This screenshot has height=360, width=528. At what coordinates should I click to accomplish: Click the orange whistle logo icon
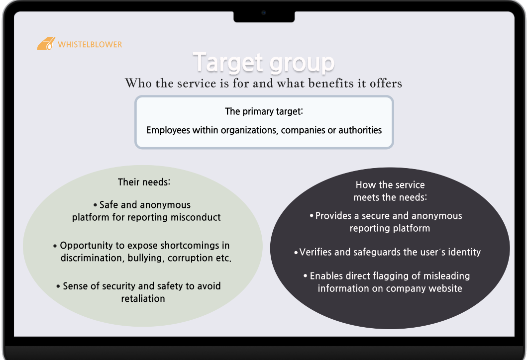(x=46, y=44)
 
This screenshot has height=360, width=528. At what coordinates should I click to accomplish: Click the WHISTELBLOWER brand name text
(x=90, y=44)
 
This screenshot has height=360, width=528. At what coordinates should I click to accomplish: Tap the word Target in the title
(x=228, y=62)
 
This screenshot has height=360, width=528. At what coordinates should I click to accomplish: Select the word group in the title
(x=302, y=63)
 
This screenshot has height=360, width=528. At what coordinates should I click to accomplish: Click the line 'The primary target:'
(x=264, y=111)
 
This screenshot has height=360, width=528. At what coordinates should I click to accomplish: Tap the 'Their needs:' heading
(x=144, y=182)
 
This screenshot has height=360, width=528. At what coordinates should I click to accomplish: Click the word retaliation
(x=143, y=298)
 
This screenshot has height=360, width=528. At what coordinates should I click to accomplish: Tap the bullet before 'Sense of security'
(x=58, y=286)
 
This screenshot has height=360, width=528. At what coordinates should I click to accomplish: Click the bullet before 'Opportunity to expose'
(x=55, y=246)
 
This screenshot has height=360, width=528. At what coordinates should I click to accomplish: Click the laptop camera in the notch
(x=264, y=13)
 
